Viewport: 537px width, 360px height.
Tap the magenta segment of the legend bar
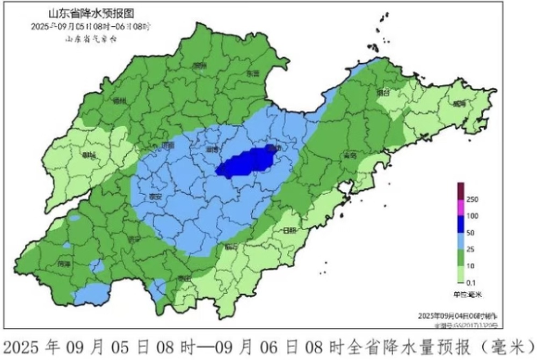[x=460, y=208]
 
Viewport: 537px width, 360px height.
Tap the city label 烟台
[x=383, y=92]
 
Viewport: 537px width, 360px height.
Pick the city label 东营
[x=252, y=74]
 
